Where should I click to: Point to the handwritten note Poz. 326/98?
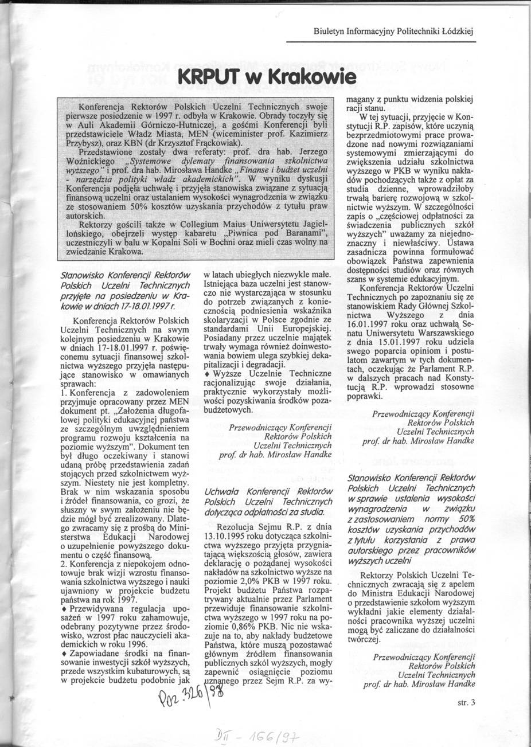pyautogui.click(x=188, y=699)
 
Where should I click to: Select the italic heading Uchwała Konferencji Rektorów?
pyautogui.click(x=269, y=492)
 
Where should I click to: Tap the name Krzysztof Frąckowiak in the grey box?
pyautogui.click(x=189, y=142)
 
